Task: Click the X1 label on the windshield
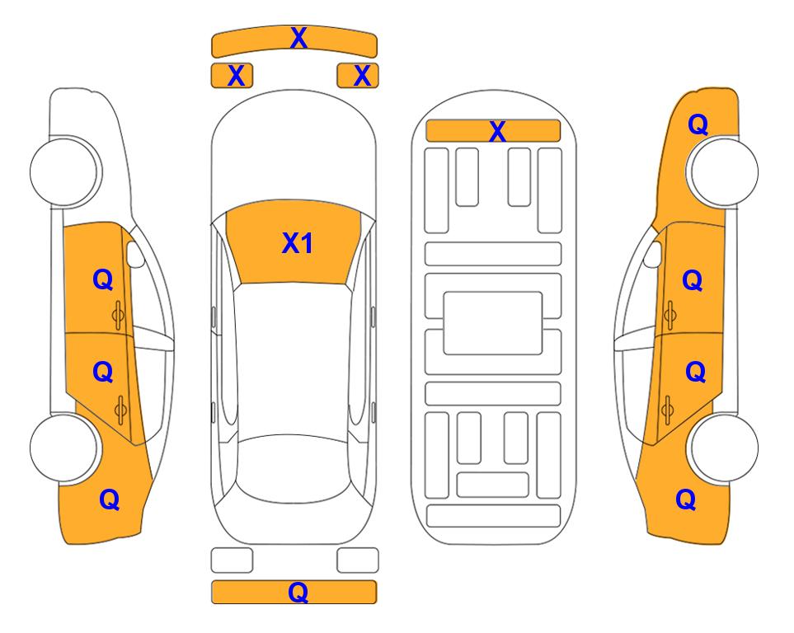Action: coord(298,243)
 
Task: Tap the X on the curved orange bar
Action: coord(298,38)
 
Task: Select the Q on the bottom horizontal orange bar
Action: coord(298,592)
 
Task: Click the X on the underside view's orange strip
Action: coord(497,132)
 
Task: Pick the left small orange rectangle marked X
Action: coord(232,76)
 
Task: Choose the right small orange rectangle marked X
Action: coord(358,76)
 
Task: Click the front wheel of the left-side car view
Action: coord(64,171)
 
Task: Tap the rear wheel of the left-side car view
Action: coord(64,448)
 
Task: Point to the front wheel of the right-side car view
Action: coord(724,171)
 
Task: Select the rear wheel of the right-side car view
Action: coord(724,448)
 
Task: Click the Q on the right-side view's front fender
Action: coord(698,124)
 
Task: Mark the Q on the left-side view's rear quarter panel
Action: coord(110,499)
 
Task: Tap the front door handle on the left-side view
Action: coord(119,315)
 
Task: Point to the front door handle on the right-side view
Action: coord(670,315)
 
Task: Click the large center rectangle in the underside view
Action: coord(493,323)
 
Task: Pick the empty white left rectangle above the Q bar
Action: coord(232,560)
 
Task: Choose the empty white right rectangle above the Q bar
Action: coord(358,560)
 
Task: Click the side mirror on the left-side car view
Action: coord(134,254)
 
